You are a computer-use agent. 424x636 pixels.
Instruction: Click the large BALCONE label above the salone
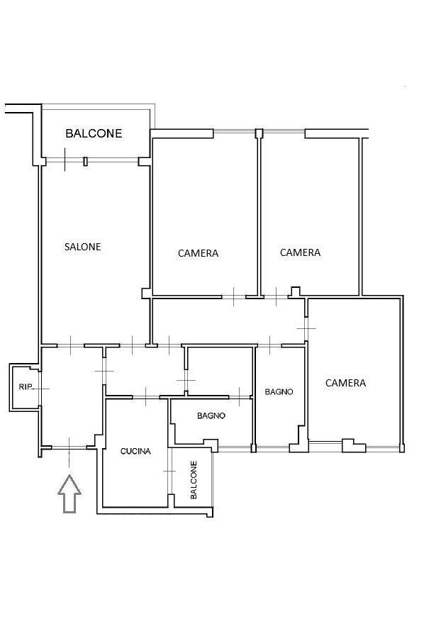point(94,133)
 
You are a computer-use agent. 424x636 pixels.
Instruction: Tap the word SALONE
point(83,247)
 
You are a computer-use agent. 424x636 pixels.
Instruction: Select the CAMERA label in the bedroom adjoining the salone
point(198,253)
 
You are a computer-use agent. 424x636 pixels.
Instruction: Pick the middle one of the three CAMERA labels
point(300,252)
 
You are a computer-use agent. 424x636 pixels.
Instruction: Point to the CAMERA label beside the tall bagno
point(346,382)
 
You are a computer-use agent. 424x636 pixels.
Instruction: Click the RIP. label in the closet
point(25,387)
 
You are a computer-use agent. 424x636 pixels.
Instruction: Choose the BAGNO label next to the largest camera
point(279,392)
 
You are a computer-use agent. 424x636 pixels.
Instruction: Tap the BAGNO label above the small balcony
point(211,415)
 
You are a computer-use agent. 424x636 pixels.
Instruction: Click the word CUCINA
point(135,451)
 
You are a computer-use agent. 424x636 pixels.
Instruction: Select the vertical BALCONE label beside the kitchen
point(194,480)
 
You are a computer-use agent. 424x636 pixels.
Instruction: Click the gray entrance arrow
point(69,493)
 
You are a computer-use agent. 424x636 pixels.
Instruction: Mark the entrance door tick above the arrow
point(69,448)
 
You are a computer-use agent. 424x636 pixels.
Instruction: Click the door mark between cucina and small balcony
point(169,471)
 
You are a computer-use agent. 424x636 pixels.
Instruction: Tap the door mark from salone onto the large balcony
point(65,160)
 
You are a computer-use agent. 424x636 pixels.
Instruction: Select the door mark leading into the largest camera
point(306,328)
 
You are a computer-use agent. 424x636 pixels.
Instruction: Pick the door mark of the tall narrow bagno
point(270,345)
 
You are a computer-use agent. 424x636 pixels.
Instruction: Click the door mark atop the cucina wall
point(145,396)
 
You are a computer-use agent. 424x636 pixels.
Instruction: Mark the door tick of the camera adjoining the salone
point(233,296)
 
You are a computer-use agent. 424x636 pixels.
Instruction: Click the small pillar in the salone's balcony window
point(85,161)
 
